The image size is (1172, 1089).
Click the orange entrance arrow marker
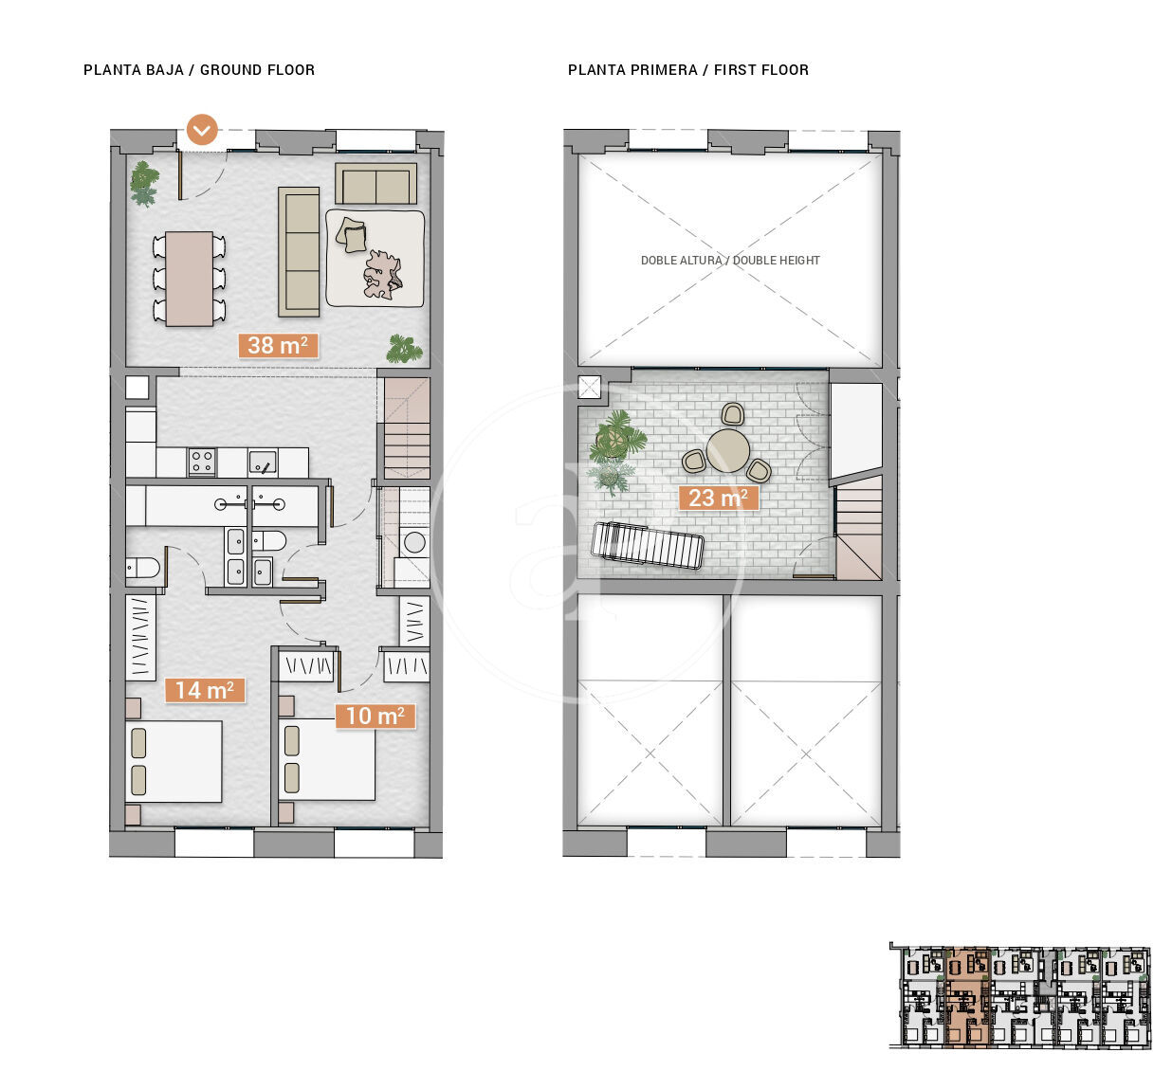(x=202, y=129)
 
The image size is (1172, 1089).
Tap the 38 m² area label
(x=278, y=345)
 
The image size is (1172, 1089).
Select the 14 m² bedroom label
(x=205, y=690)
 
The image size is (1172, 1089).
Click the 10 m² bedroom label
(x=375, y=716)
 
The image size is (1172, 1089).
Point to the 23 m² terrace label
(x=718, y=498)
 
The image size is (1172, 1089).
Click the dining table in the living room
(x=189, y=279)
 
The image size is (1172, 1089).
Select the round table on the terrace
(x=728, y=450)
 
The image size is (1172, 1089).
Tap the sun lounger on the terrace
(x=648, y=545)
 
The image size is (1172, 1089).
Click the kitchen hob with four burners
(x=202, y=462)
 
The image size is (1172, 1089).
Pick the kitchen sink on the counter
(x=263, y=463)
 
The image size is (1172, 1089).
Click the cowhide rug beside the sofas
(x=383, y=274)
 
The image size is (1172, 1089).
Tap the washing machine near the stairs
(x=414, y=542)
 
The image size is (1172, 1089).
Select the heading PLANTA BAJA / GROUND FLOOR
(x=199, y=69)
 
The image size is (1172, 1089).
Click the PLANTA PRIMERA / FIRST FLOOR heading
(x=688, y=69)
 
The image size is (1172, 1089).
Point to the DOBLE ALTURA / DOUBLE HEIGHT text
(x=730, y=260)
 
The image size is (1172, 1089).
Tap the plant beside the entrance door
(x=144, y=184)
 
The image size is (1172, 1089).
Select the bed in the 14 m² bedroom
(x=174, y=761)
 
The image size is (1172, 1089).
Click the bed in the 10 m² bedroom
(x=326, y=759)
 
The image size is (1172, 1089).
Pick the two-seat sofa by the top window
(x=375, y=184)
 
